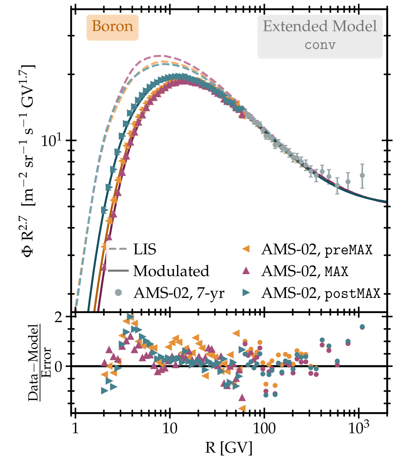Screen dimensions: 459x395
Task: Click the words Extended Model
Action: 320,27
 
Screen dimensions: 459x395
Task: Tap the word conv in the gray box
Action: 320,45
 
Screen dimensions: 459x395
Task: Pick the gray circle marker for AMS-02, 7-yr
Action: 118,293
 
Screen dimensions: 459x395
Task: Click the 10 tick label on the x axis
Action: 170,428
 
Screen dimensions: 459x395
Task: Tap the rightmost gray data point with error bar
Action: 362,175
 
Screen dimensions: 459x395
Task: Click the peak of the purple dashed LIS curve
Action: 158,56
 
